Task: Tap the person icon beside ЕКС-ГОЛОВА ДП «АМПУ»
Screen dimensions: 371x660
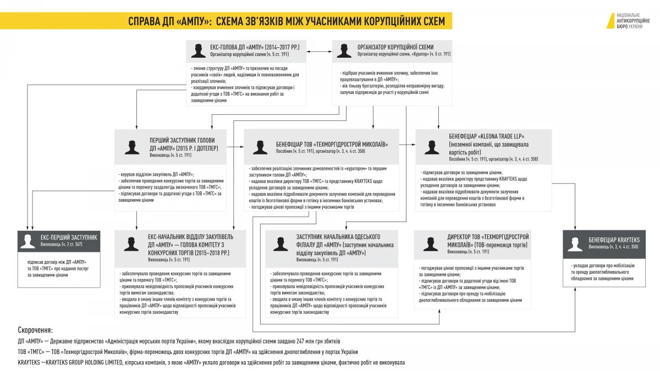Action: (x=198, y=51)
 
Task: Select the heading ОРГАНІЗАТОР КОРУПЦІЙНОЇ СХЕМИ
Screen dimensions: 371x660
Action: (x=395, y=47)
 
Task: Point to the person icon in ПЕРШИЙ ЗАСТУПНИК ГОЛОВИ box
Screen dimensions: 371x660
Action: (x=132, y=147)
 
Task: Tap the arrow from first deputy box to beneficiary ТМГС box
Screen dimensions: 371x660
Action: (x=235, y=147)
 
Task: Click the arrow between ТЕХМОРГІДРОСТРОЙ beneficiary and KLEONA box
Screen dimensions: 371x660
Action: (x=407, y=145)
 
